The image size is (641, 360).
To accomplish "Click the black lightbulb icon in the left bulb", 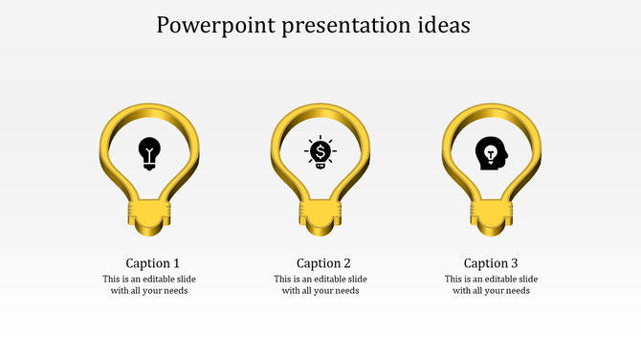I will pyautogui.click(x=149, y=152).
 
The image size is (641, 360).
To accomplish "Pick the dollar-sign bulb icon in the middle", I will pyautogui.click(x=320, y=152).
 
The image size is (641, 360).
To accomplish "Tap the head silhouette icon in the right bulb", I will pyautogui.click(x=491, y=153).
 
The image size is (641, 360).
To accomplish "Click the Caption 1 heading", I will pyautogui.click(x=153, y=263).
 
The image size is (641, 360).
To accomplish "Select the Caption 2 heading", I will pyautogui.click(x=323, y=263).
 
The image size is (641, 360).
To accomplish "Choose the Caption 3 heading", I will pyautogui.click(x=491, y=263).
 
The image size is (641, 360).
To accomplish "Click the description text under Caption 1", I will pyautogui.click(x=149, y=285).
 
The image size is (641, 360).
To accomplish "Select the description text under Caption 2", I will pyautogui.click(x=320, y=285).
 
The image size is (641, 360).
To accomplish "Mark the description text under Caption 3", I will pyautogui.click(x=491, y=285).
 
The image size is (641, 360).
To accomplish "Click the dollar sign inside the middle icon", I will pyautogui.click(x=320, y=150).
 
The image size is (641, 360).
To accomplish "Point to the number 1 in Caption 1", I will pyautogui.click(x=176, y=263).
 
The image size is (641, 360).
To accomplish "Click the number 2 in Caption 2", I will pyautogui.click(x=346, y=263).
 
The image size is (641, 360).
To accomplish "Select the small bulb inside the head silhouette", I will pyautogui.click(x=489, y=151).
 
